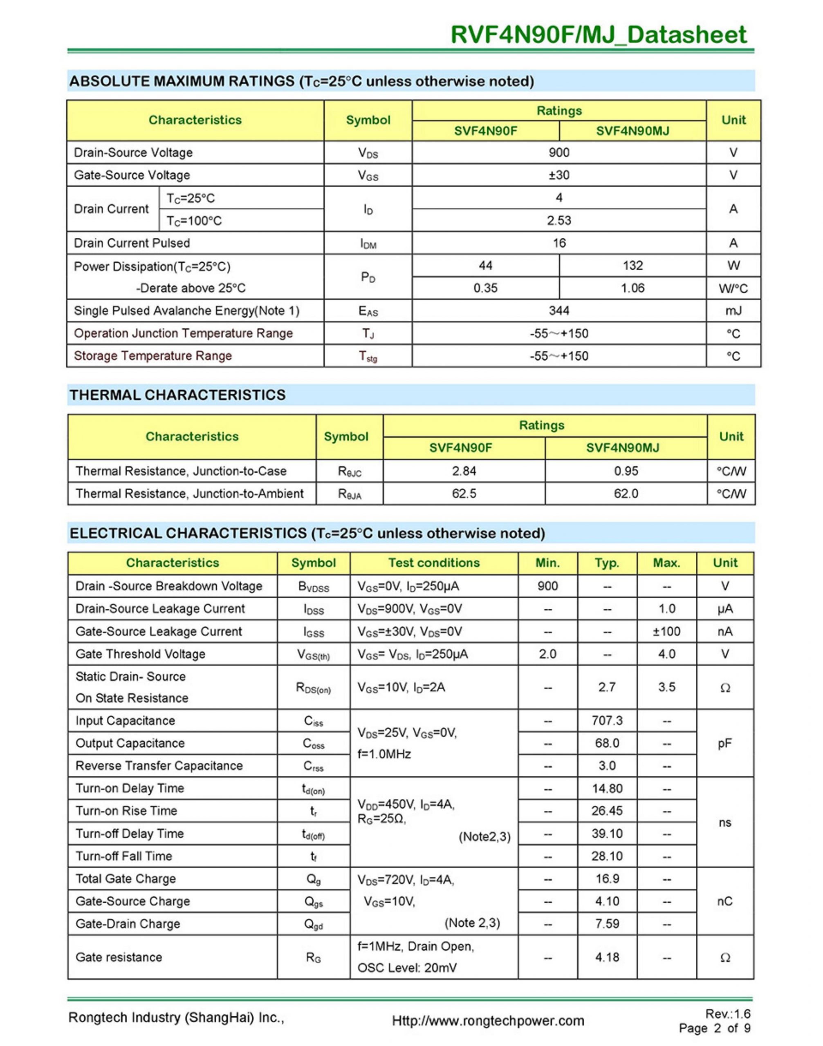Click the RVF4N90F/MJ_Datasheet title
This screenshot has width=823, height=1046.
point(599,35)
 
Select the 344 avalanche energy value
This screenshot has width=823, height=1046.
point(559,311)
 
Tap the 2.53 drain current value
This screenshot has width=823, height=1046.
point(559,221)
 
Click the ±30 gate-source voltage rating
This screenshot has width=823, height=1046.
point(559,175)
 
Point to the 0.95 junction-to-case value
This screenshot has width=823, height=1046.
point(626,471)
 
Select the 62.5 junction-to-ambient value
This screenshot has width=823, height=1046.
point(464,493)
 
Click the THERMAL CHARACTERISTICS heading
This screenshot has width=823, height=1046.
point(177,395)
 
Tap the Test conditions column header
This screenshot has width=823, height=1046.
point(434,563)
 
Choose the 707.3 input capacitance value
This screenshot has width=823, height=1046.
point(607,720)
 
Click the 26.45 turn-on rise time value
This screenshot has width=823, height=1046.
point(607,811)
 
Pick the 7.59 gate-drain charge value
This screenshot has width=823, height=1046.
point(607,924)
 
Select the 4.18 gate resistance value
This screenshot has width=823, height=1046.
point(607,957)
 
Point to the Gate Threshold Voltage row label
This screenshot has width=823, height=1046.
point(140,654)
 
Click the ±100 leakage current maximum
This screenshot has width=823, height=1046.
point(666,631)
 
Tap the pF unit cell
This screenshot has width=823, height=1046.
point(725,743)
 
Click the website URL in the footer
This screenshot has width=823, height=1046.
point(488,1021)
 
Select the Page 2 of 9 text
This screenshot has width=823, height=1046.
point(714,1029)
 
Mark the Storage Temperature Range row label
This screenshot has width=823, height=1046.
point(153,356)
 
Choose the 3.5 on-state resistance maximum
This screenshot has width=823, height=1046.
point(666,687)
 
